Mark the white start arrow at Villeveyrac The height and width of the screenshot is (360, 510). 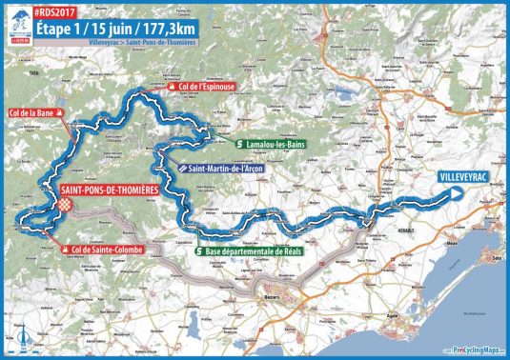point(459,193)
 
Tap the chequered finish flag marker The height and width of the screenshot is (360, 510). point(65,203)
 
